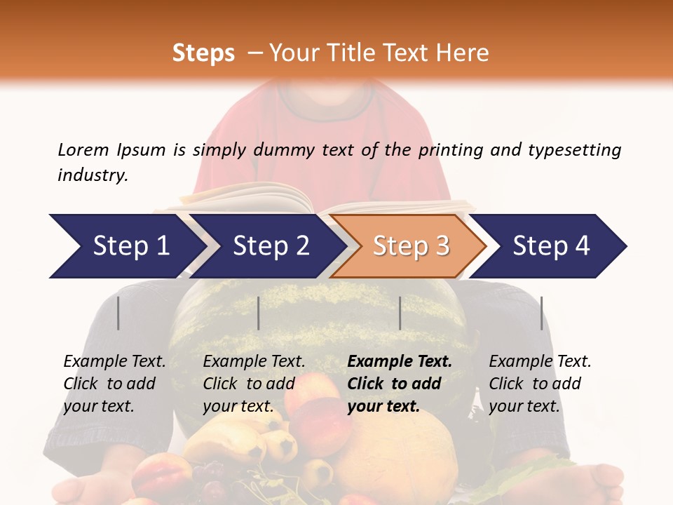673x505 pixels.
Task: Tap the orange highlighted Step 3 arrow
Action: [410, 246]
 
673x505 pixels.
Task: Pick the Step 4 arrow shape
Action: [550, 246]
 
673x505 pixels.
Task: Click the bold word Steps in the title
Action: [203, 53]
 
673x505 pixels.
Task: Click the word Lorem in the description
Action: [83, 149]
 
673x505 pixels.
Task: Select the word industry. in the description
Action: [93, 175]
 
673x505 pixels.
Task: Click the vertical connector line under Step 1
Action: [118, 313]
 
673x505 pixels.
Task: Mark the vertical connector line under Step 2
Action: [259, 313]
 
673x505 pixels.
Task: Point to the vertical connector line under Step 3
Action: [400, 313]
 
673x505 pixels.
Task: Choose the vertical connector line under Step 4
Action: [541, 313]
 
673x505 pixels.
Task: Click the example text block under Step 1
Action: [114, 384]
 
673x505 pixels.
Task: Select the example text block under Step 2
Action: [254, 384]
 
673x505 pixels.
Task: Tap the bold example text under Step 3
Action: [400, 384]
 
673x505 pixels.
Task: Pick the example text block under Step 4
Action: [540, 384]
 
